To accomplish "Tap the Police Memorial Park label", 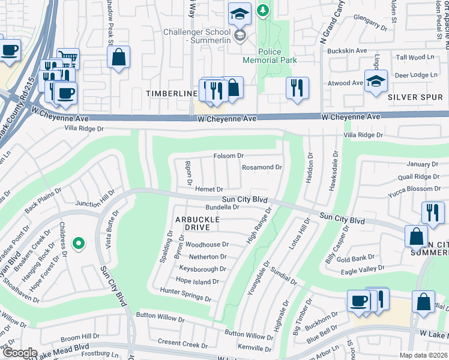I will (270, 56).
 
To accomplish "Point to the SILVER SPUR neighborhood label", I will (411, 97).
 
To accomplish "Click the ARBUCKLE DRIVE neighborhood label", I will (193, 223).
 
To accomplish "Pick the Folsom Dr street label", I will (229, 156).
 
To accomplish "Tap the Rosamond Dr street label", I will (262, 167).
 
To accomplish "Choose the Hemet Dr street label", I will (209, 190).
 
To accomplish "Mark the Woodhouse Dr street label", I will (207, 245).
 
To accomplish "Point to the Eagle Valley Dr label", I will (362, 268).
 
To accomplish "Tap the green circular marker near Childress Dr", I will (78, 244).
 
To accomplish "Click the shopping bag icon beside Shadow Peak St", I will (119, 58).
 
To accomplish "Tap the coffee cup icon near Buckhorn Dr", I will (359, 301).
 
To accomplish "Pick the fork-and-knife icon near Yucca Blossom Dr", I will (432, 212).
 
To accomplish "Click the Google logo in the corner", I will (19, 352).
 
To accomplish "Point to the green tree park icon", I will (263, 10).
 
